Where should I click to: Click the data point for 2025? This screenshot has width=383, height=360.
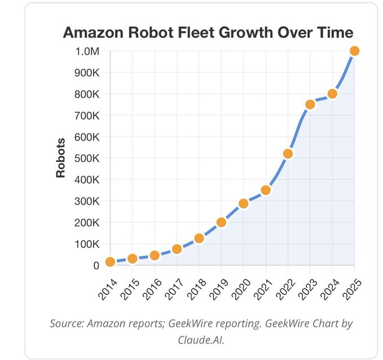[354, 51]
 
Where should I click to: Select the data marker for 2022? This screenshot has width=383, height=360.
[288, 153]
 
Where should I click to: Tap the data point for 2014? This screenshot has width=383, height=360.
[111, 262]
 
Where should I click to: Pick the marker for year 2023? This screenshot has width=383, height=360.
[310, 104]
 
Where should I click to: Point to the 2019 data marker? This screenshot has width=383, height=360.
[221, 222]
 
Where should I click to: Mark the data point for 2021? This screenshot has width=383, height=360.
[266, 190]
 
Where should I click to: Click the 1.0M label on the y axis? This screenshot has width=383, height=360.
[87, 51]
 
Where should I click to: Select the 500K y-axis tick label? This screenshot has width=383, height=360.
[87, 159]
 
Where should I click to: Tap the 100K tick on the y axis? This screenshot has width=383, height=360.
[87, 244]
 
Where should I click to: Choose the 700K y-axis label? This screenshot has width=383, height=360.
[87, 116]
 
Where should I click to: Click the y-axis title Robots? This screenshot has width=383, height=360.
[61, 158]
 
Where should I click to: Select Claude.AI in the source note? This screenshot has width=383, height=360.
[201, 340]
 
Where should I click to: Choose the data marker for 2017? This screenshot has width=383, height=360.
[177, 249]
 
